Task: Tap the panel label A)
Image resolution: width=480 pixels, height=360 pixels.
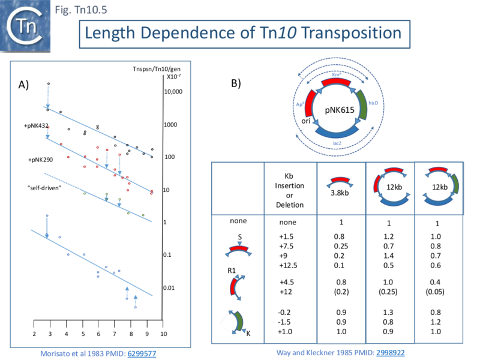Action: pos(23,85)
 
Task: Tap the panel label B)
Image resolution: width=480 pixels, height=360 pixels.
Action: pos(236,83)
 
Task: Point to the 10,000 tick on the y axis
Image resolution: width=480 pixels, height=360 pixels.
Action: pos(172,92)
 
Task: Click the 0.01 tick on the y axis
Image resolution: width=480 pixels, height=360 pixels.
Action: pos(170,288)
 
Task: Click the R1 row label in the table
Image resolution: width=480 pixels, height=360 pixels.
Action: pos(232,271)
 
